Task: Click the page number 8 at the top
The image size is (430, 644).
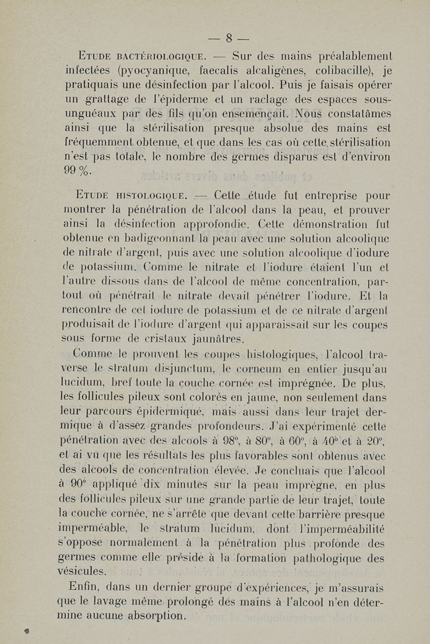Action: (x=228, y=38)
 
